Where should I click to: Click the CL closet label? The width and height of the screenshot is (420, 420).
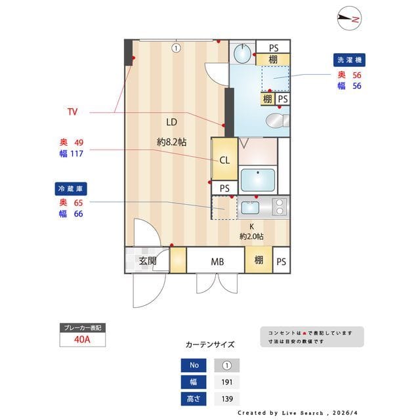(x=224, y=159)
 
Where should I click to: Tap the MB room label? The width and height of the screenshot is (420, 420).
(x=217, y=261)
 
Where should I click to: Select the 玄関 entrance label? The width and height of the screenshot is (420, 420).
(x=147, y=261)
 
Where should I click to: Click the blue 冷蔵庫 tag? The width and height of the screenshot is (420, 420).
(x=72, y=188)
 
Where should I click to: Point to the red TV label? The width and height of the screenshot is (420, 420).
(x=72, y=112)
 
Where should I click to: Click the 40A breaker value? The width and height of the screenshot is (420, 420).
(x=82, y=340)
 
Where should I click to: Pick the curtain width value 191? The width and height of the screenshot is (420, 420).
(x=226, y=382)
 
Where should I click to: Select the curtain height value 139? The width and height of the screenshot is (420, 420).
(x=226, y=398)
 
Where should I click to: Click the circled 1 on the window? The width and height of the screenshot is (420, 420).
(x=176, y=47)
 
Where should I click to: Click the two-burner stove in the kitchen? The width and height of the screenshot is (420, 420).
(x=280, y=207)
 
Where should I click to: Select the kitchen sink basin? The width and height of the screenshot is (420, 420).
(x=251, y=208)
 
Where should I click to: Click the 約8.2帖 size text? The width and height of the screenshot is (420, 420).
(x=171, y=141)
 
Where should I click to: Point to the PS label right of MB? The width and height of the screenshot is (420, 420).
(x=281, y=261)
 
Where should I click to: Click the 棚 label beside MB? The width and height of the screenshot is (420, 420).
(x=259, y=261)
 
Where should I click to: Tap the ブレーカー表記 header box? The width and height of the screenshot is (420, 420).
(x=82, y=327)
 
